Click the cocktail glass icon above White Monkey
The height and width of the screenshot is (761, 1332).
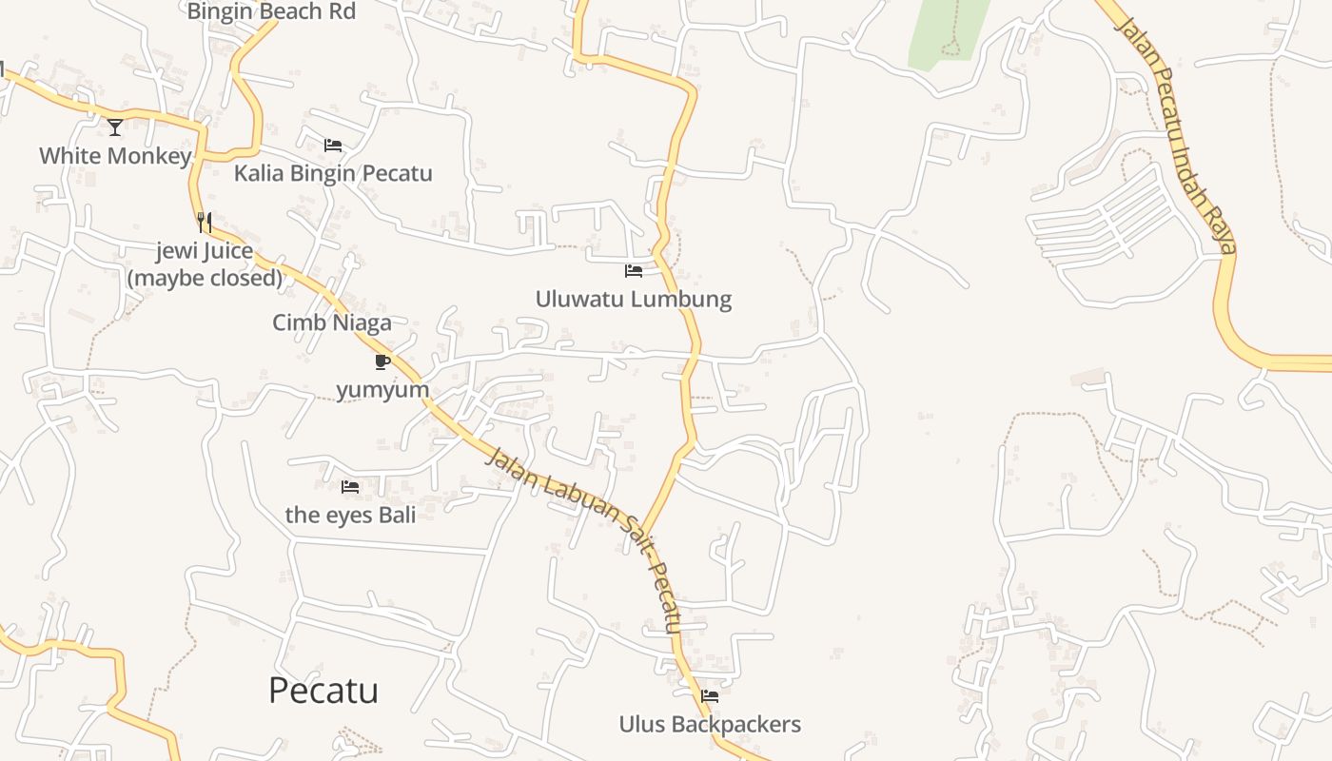pyautogui.click(x=115, y=127)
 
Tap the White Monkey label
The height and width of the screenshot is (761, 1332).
pyautogui.click(x=115, y=156)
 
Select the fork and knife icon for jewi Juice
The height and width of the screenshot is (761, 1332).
pyautogui.click(x=204, y=223)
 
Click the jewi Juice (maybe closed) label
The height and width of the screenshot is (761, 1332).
pyautogui.click(x=205, y=264)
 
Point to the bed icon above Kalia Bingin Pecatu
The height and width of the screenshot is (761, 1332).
pyautogui.click(x=333, y=146)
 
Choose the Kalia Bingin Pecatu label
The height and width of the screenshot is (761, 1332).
pyautogui.click(x=333, y=173)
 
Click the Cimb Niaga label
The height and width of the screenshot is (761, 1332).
pyautogui.click(x=332, y=322)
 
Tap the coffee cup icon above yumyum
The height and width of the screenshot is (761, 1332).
pyautogui.click(x=382, y=361)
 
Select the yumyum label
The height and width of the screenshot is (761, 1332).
pyautogui.click(x=382, y=390)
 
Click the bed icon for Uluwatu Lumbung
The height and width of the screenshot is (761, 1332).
pyautogui.click(x=634, y=271)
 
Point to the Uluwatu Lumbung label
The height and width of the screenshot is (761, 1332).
pyautogui.click(x=634, y=299)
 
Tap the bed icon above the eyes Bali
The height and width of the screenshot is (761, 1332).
pyautogui.click(x=350, y=487)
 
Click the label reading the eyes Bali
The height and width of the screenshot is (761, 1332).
pyautogui.click(x=350, y=516)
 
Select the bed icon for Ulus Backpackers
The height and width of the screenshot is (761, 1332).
pyautogui.click(x=710, y=696)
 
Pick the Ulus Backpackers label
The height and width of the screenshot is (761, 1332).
pyautogui.click(x=710, y=725)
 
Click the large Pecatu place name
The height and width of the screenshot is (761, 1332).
pyautogui.click(x=323, y=691)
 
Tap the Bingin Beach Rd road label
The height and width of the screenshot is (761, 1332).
pyautogui.click(x=271, y=11)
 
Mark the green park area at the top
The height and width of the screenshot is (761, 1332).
pyautogui.click(x=948, y=33)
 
